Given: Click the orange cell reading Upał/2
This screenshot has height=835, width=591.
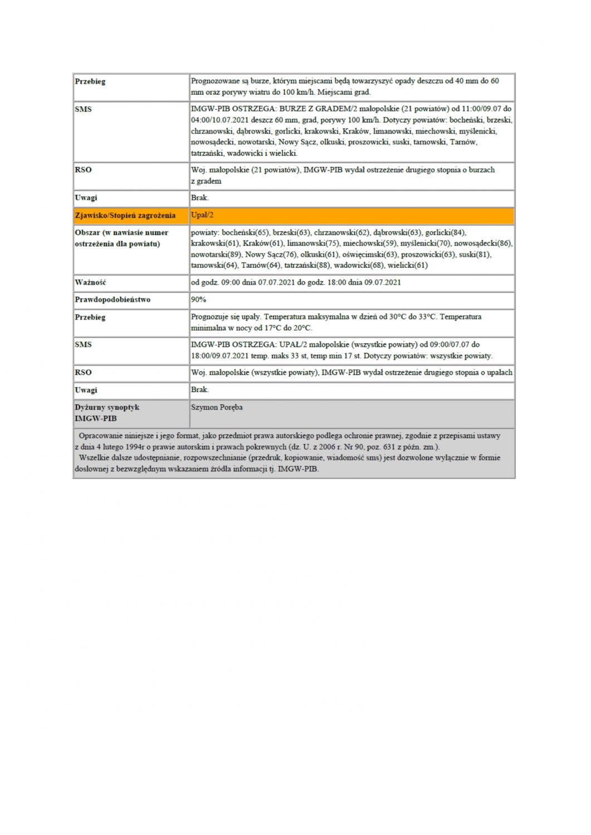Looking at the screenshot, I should coord(202,215).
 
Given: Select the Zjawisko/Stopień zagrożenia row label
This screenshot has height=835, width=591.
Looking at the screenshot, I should coord(125,215).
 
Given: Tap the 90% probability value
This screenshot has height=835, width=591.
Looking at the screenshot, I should coord(198,299).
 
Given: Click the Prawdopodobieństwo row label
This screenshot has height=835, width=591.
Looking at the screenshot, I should coord(113,299).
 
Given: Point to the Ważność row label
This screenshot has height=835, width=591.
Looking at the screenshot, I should coord(90,282).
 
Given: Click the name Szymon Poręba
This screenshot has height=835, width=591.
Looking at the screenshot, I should coord(217,407).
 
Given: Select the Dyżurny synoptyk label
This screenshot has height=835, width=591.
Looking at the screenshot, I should coord(107,407).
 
